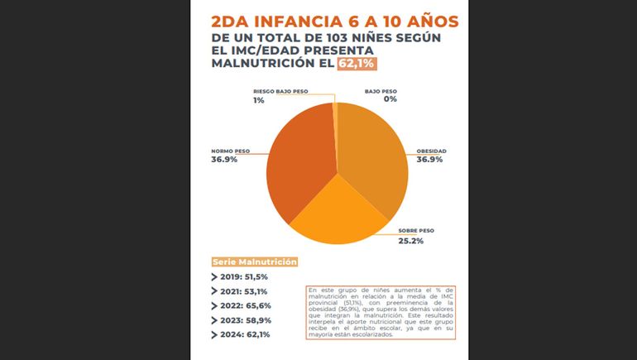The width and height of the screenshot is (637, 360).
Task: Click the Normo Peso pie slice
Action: pyautogui.click(x=298, y=161)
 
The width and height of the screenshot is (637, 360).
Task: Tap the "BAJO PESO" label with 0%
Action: pyautogui.click(x=381, y=91)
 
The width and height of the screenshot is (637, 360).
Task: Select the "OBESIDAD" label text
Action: pyautogui.click(x=430, y=151)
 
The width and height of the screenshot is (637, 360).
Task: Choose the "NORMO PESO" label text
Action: pyautogui.click(x=231, y=151)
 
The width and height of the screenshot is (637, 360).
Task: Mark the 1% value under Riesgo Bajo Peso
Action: pyautogui.click(x=259, y=100)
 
